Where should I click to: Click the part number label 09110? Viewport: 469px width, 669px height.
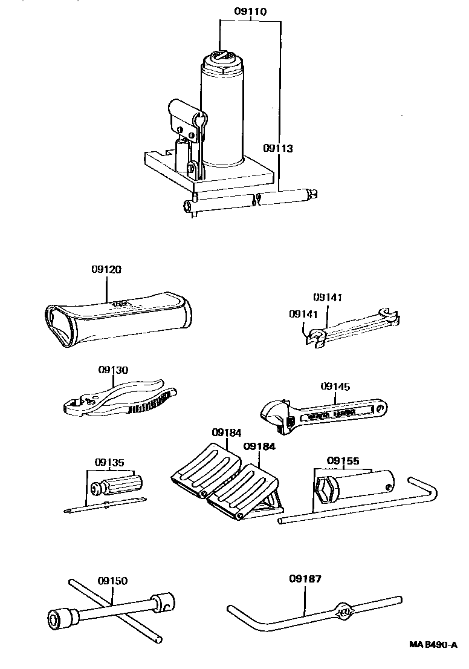point(251,11)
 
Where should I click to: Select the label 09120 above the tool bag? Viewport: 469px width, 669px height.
point(107,270)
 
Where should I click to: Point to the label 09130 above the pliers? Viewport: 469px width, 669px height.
point(114,370)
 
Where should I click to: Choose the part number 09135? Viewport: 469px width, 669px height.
point(109,463)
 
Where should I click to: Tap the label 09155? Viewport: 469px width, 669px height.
point(342,461)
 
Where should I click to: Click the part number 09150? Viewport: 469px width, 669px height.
point(113,581)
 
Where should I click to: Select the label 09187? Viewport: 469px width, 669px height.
point(305,578)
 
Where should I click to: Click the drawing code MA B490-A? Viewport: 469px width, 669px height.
point(433,646)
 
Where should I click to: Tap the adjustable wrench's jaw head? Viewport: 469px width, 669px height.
point(275,417)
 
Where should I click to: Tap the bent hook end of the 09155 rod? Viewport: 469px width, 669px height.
point(427,489)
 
